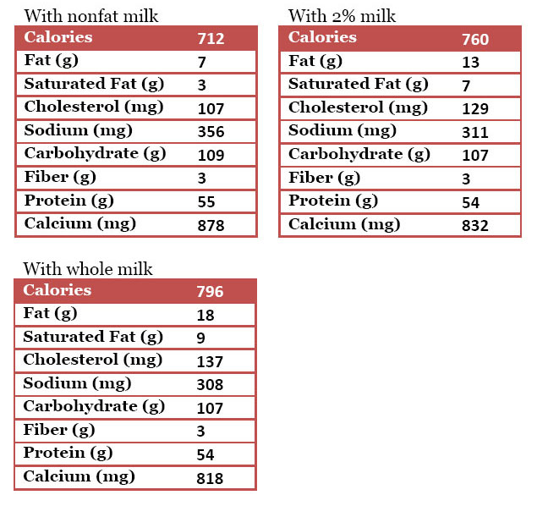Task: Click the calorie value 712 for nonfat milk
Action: coord(210,39)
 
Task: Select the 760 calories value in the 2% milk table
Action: coord(475,39)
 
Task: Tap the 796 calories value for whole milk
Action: coord(209,292)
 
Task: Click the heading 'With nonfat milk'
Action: coord(90,16)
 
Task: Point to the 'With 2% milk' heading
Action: coord(342,16)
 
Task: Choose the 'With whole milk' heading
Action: coord(87,269)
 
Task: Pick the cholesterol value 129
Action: coord(475,109)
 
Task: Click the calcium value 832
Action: coord(475,225)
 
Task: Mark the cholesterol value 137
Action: coord(209,362)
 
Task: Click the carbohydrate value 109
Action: coord(210,156)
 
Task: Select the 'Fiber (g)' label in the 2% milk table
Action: coord(324,178)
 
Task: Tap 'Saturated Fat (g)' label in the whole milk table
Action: coord(93,337)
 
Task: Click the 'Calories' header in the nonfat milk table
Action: coord(58,37)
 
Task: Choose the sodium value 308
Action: coord(209,385)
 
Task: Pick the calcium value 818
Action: coord(209,479)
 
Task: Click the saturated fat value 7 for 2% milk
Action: coord(466,85)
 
